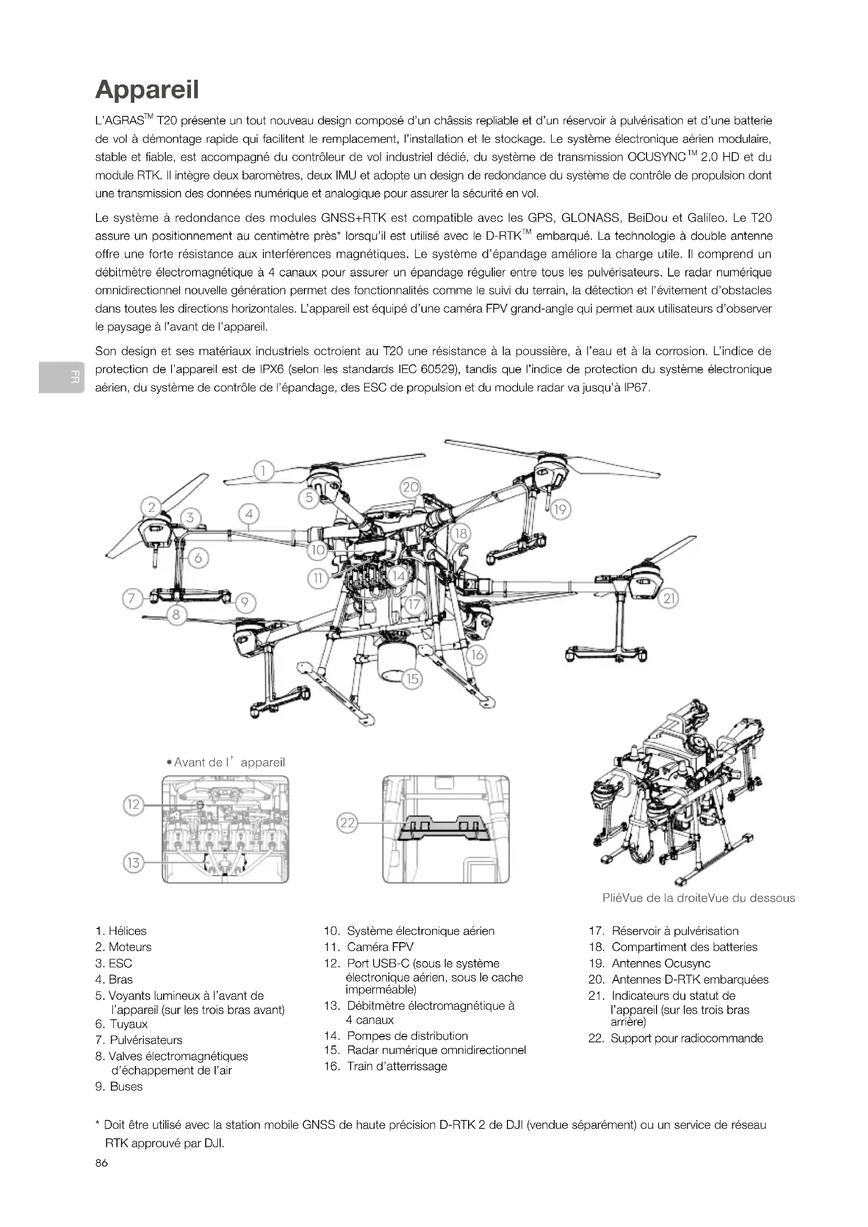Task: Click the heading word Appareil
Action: (x=147, y=90)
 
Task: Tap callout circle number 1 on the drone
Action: (x=263, y=471)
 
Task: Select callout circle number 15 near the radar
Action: (x=412, y=679)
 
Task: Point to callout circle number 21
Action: (x=669, y=599)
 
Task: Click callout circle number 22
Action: (x=347, y=823)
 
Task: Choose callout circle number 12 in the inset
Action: (x=133, y=804)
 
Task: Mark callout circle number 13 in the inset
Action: (x=133, y=862)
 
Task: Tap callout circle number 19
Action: (x=559, y=509)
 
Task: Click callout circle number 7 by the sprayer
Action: (x=132, y=598)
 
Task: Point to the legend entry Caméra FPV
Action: (x=380, y=947)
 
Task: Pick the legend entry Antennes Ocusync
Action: (x=661, y=963)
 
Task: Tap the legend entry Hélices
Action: (x=127, y=931)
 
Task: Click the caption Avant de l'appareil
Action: (x=229, y=762)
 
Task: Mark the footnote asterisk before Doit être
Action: (x=97, y=1126)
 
